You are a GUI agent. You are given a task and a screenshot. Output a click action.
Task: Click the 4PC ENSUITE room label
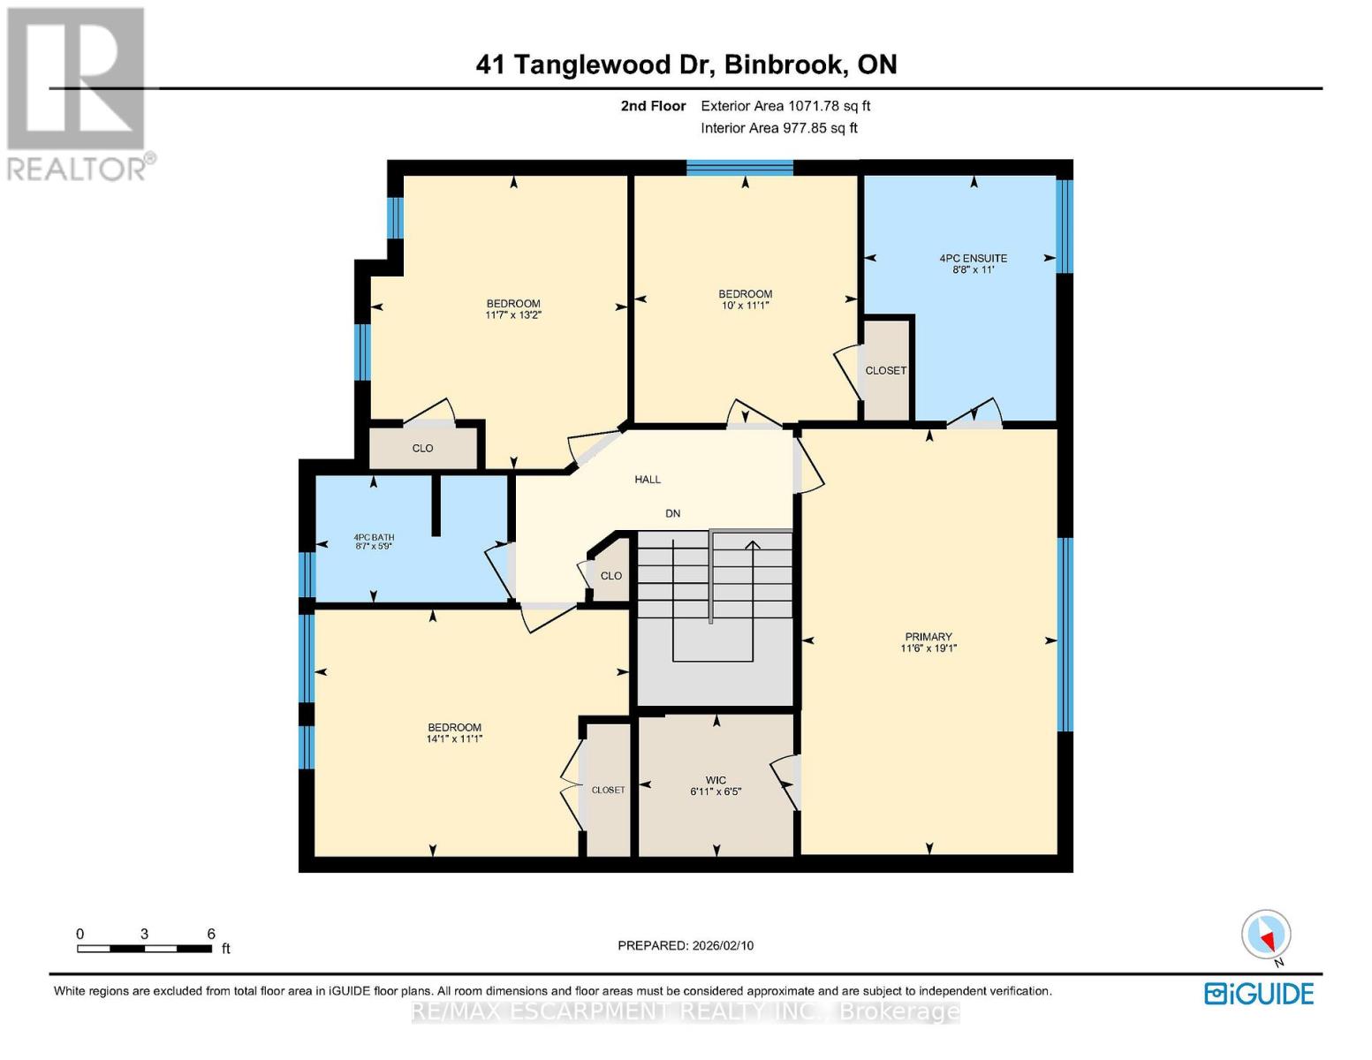(973, 258)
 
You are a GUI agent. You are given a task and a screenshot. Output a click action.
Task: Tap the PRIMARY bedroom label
(929, 637)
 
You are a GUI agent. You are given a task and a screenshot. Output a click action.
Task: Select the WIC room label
(716, 780)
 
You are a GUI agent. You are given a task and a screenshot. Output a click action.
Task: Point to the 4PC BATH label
(374, 537)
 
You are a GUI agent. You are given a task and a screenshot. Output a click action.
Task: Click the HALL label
(648, 480)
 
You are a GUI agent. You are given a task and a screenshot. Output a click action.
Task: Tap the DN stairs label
(673, 513)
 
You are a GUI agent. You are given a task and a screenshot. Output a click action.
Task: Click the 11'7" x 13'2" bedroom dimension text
(513, 314)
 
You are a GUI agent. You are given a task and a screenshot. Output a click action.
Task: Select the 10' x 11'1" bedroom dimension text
(745, 306)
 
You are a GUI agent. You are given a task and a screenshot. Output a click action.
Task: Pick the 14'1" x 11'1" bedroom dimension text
(454, 739)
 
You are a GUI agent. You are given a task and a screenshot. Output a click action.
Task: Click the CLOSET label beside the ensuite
(885, 371)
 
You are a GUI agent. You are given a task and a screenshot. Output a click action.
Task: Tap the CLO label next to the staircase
(611, 576)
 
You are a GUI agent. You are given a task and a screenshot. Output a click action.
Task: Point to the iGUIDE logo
(1259, 994)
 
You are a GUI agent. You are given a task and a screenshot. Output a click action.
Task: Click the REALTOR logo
(78, 93)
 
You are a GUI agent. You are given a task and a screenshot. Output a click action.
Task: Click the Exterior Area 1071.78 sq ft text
(785, 106)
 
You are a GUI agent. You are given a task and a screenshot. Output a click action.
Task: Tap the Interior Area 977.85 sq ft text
(779, 128)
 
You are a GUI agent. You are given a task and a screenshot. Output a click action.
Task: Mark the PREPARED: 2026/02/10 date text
(686, 945)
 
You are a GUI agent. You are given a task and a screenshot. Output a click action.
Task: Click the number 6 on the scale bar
(211, 934)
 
